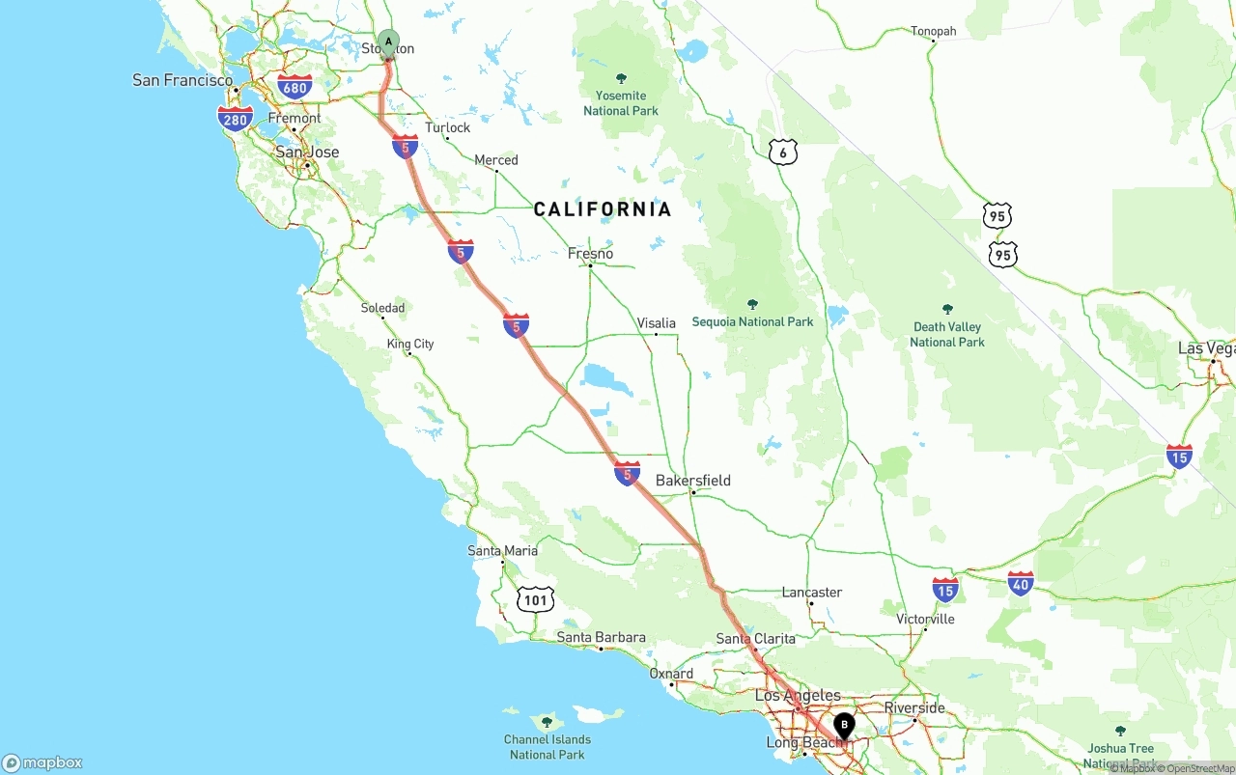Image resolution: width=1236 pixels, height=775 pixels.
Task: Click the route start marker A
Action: tap(388, 42)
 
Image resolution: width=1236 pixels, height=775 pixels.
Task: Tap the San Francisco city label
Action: tap(183, 80)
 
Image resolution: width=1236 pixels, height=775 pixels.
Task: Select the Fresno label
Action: tap(590, 254)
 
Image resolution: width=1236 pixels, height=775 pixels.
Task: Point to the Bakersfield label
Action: tap(692, 481)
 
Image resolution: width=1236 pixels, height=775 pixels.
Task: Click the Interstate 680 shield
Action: tap(295, 88)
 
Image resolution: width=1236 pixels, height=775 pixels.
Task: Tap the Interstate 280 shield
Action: tap(236, 120)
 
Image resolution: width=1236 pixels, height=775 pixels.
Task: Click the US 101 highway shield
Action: tap(535, 599)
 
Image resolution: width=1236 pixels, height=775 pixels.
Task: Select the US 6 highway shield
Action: tap(783, 152)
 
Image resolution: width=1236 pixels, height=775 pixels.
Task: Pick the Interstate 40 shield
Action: tap(1021, 583)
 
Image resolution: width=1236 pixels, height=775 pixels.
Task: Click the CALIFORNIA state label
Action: tap(603, 209)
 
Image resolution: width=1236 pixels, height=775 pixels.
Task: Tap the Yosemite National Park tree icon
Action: tap(621, 78)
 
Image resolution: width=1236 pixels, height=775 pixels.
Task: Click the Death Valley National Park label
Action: tap(946, 334)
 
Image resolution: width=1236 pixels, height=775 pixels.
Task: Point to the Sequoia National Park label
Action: tap(752, 321)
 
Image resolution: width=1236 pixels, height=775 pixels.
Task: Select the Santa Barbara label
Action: tap(601, 637)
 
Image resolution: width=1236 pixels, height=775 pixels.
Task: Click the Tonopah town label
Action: tap(933, 31)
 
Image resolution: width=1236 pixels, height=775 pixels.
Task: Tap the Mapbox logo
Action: tap(42, 762)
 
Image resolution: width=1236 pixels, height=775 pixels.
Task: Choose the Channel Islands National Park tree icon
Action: tap(547, 722)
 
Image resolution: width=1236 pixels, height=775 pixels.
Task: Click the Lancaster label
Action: tap(811, 592)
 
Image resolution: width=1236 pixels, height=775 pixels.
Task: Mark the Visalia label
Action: tap(656, 323)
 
